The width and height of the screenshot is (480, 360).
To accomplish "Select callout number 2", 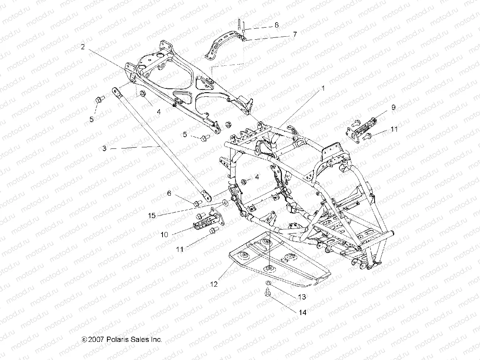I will tap(82, 47).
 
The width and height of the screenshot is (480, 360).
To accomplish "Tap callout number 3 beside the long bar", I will tap(105, 148).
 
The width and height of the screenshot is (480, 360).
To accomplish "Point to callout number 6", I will tap(169, 193).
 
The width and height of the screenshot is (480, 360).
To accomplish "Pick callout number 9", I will tap(393, 107).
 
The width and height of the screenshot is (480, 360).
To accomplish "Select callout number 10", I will tap(164, 234).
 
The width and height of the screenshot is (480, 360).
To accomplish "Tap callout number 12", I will tap(214, 284).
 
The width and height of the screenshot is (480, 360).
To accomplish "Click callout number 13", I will tap(302, 297).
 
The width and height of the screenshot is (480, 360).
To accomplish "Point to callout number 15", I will tap(152, 216).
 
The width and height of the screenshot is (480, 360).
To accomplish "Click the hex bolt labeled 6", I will tap(196, 204).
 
